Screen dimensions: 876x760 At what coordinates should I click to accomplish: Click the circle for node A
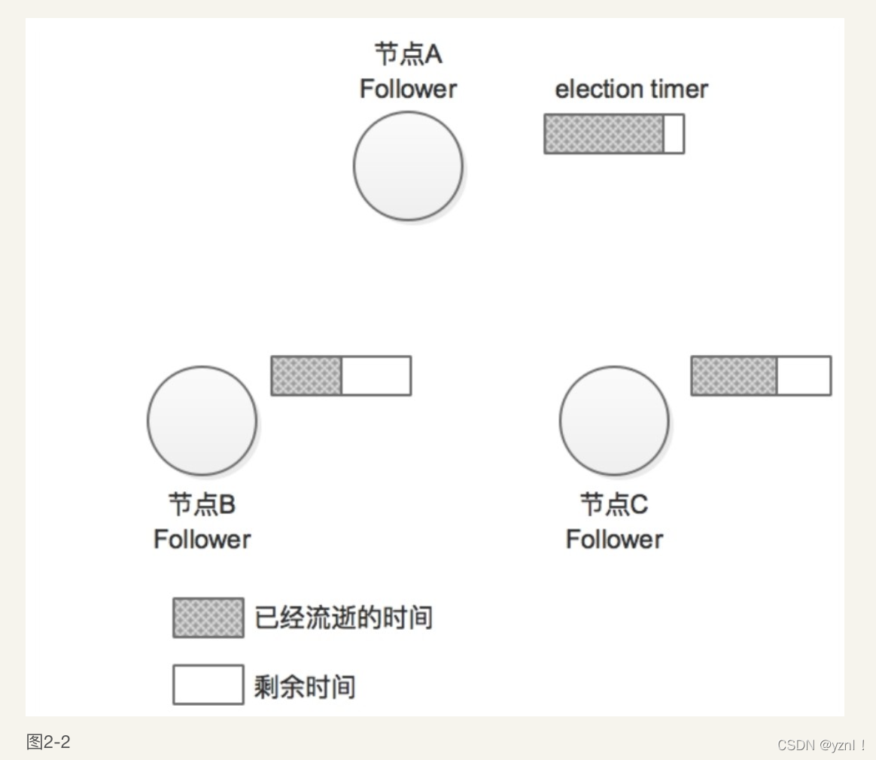(x=408, y=166)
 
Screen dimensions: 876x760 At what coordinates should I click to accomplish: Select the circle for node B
(x=202, y=421)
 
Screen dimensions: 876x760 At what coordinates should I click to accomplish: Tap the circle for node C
(x=614, y=421)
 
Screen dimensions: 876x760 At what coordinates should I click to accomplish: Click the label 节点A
(x=408, y=54)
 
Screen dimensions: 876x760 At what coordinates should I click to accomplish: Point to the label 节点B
(x=202, y=504)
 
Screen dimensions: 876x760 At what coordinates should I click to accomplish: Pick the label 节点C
(x=614, y=504)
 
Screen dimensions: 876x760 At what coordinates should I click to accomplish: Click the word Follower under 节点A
(x=408, y=89)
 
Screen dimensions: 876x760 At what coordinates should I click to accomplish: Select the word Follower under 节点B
(x=202, y=539)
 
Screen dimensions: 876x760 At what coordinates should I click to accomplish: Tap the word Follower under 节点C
(x=614, y=539)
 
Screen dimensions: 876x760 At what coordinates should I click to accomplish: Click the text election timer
(x=631, y=89)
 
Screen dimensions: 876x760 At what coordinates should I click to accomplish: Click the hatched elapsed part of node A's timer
(x=604, y=134)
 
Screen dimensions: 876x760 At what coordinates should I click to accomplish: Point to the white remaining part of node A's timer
(x=674, y=134)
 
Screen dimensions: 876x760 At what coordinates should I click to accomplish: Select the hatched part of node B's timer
(x=306, y=375)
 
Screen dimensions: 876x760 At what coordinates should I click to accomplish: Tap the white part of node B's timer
(x=376, y=375)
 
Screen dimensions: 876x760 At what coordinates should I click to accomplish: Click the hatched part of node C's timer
(x=734, y=375)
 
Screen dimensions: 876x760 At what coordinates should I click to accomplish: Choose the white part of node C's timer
(x=804, y=375)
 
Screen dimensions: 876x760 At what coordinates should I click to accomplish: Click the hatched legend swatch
(x=208, y=618)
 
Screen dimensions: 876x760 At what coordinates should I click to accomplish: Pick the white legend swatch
(x=208, y=684)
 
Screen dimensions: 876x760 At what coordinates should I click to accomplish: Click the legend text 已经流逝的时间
(x=344, y=618)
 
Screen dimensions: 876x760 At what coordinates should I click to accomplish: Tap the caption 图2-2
(x=48, y=742)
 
